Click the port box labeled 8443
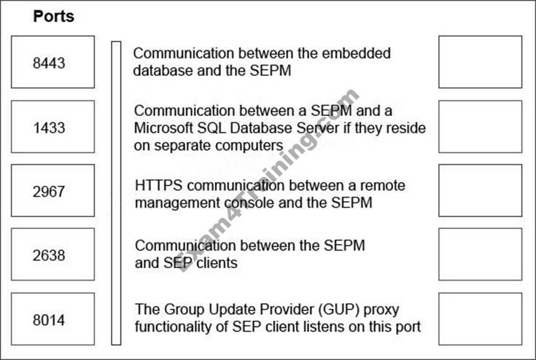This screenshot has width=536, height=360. pos(53,63)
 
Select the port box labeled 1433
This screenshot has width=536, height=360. pos(53,128)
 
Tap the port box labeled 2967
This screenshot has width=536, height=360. pos(53,191)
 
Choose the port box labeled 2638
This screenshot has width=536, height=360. pos(53,254)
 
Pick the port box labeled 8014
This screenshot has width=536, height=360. pos(53,318)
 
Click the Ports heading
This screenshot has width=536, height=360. pos(53,16)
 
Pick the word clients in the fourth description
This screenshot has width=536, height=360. pos(216,263)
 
